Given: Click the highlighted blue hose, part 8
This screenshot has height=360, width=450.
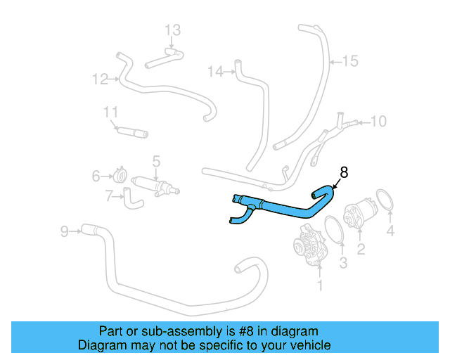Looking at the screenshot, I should [x=281, y=209].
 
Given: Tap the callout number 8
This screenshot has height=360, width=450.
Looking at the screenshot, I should [x=344, y=172].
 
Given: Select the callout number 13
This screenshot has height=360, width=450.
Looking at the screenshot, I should [x=172, y=30].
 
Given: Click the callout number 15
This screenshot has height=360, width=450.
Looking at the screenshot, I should [x=349, y=61].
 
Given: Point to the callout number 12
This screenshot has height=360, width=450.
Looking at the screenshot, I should [x=99, y=79].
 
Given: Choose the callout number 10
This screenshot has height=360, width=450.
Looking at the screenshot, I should [x=378, y=122].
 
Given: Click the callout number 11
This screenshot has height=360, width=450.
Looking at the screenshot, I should [x=110, y=112].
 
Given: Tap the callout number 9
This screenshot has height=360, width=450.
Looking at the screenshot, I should [x=65, y=230].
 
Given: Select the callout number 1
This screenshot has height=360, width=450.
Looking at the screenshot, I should [x=320, y=285].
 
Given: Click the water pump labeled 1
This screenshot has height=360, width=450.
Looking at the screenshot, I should [x=309, y=248].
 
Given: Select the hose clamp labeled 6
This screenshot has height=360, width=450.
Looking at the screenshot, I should [x=120, y=175].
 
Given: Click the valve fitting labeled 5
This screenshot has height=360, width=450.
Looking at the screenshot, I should [x=157, y=186].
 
